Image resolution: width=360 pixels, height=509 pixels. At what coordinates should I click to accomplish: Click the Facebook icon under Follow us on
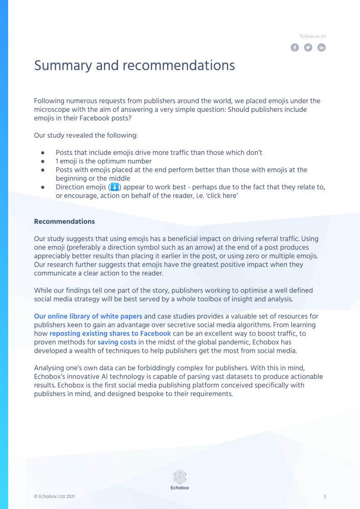(295, 48)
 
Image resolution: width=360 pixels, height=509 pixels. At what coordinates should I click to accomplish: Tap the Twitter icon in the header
(308, 48)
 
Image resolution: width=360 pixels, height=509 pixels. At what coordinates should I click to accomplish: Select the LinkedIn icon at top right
(321, 48)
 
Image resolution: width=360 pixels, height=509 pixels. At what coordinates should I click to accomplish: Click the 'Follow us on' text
(313, 36)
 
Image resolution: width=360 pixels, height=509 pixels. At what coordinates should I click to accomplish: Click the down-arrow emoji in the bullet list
(114, 187)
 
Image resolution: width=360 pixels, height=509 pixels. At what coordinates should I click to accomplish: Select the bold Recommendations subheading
(64, 222)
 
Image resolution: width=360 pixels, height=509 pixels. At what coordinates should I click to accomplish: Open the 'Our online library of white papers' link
(88, 316)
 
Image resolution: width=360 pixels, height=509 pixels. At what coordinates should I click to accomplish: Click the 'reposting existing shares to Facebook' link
(110, 334)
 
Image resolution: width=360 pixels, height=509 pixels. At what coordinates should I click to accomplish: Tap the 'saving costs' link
(117, 342)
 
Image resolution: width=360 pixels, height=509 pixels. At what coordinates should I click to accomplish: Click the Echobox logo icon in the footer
(180, 477)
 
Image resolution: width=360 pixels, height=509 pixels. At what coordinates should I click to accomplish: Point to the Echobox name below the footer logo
(180, 488)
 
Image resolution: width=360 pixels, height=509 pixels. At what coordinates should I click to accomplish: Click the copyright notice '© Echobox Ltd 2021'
(54, 497)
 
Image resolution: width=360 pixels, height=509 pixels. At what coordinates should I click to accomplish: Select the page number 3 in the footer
(325, 497)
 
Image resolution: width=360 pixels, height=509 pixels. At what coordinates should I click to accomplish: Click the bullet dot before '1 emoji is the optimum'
(43, 161)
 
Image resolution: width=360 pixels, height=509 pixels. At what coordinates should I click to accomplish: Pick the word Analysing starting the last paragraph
(49, 368)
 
